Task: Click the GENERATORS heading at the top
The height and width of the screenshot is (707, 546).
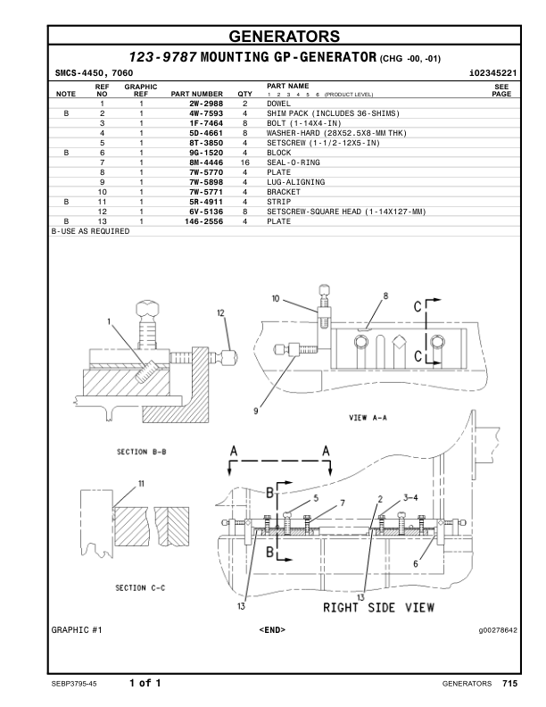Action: click(x=284, y=37)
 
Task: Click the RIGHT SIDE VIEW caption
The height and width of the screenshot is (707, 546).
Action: click(x=378, y=608)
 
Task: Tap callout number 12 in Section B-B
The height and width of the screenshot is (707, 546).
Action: click(x=220, y=312)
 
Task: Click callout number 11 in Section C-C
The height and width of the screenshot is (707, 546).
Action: click(x=141, y=484)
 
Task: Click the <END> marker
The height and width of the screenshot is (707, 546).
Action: click(x=272, y=630)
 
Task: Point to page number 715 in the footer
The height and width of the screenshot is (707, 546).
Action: click(x=509, y=683)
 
